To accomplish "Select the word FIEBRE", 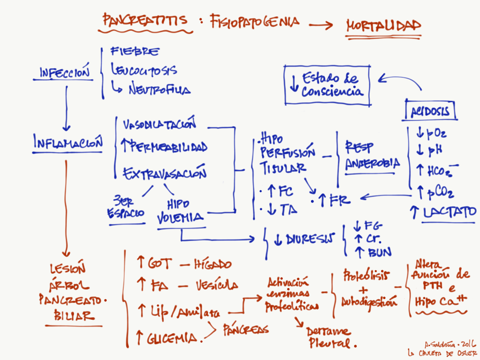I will pos(135,51).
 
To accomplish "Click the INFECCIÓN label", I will pos(65,73).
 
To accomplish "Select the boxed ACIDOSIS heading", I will pos(430,111).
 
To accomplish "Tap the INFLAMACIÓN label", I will pos(68,143).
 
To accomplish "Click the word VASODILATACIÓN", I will pos(160,125).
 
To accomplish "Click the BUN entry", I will pos(379,252).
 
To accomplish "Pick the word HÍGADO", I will pos(212,264).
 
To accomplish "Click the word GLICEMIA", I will pos(173,338).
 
